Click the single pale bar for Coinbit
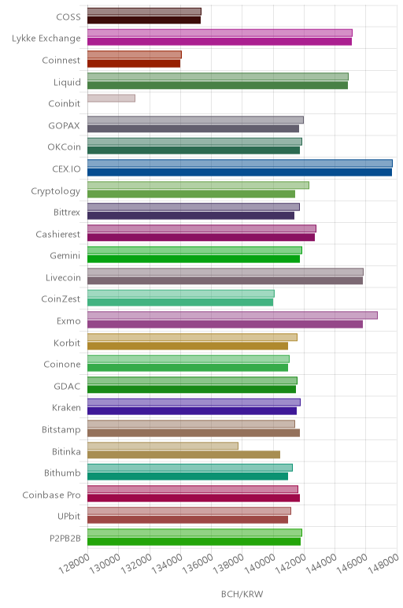point(111,98)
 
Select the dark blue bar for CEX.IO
point(239,172)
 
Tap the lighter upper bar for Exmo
point(232,315)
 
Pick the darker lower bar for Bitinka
point(183,454)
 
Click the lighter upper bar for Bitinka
point(163,446)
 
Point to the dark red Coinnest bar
point(134,64)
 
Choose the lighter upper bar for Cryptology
point(198,185)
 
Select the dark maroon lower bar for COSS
point(144,20)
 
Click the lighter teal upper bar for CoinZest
point(181,294)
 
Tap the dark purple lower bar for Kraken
point(192,411)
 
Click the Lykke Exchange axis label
point(46,39)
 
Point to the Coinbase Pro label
point(51,495)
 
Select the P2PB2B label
point(65,538)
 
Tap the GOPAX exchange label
point(64,126)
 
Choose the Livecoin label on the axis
point(63,278)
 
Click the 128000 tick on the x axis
point(75,564)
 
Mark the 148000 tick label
point(383,564)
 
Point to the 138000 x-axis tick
point(228,564)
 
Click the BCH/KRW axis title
point(242,594)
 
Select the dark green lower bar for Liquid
point(217,85)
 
